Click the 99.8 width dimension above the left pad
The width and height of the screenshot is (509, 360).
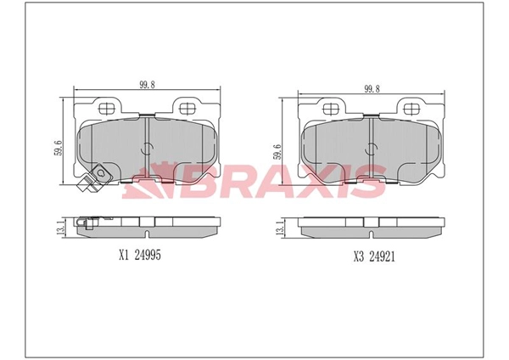point(147,85)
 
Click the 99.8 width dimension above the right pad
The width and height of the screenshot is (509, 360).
point(372,88)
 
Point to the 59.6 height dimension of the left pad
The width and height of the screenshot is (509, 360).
point(59,148)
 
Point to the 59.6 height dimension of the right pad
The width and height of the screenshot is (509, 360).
point(277,151)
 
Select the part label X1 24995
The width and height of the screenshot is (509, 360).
point(140,256)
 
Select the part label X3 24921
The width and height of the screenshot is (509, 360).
point(374,257)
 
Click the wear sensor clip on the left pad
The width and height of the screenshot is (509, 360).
point(94,177)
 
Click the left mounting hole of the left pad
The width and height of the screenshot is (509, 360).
point(107,108)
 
